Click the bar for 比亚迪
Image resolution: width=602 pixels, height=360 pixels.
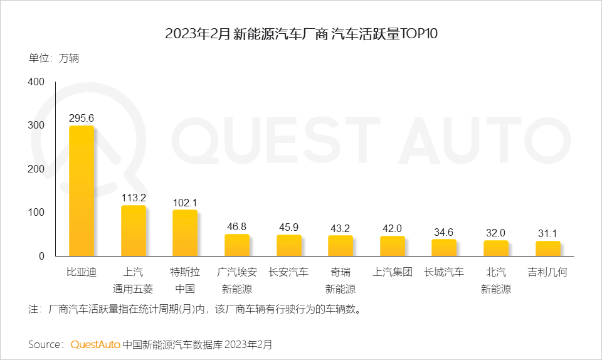[82, 191]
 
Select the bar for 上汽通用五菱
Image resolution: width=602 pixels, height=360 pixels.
[134, 230]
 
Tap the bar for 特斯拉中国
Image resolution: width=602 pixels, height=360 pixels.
[185, 233]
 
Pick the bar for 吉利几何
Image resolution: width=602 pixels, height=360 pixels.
[548, 248]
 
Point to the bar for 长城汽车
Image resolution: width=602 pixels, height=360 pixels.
[444, 247]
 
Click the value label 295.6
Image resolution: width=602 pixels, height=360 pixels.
[82, 118]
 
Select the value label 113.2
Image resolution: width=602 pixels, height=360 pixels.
[134, 198]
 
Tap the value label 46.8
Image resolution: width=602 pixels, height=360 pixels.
[237, 226]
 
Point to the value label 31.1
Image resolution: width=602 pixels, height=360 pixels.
[548, 233]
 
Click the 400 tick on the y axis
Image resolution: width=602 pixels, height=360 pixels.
[36, 82]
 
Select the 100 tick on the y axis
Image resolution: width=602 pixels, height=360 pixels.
[36, 213]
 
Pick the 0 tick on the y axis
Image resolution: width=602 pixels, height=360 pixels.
[41, 256]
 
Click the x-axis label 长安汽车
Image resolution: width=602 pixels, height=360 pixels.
[288, 272]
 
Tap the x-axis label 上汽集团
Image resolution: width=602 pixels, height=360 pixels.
[393, 272]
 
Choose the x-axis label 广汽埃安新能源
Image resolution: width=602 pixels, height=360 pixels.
[237, 280]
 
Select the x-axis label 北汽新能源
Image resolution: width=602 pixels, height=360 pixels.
[496, 280]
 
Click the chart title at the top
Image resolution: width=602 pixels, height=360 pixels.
[301, 34]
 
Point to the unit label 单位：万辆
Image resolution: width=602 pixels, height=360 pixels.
[54, 59]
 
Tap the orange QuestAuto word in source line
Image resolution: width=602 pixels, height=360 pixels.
[95, 344]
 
